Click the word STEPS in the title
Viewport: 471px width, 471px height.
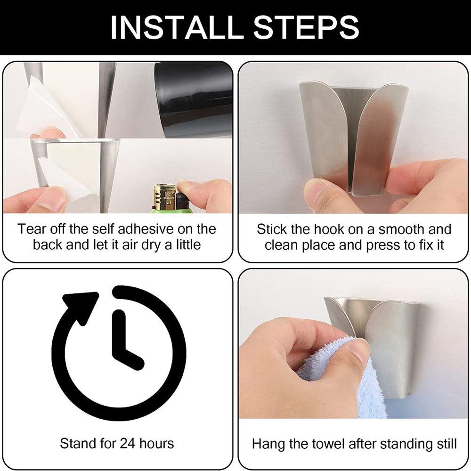pyautogui.click(x=307, y=27)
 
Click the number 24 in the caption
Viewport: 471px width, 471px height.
pyautogui.click(x=128, y=443)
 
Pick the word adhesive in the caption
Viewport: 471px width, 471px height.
pyautogui.click(x=146, y=229)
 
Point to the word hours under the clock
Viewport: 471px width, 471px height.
pyautogui.click(x=156, y=443)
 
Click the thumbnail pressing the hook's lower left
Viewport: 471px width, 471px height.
pyautogui.click(x=315, y=189)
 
